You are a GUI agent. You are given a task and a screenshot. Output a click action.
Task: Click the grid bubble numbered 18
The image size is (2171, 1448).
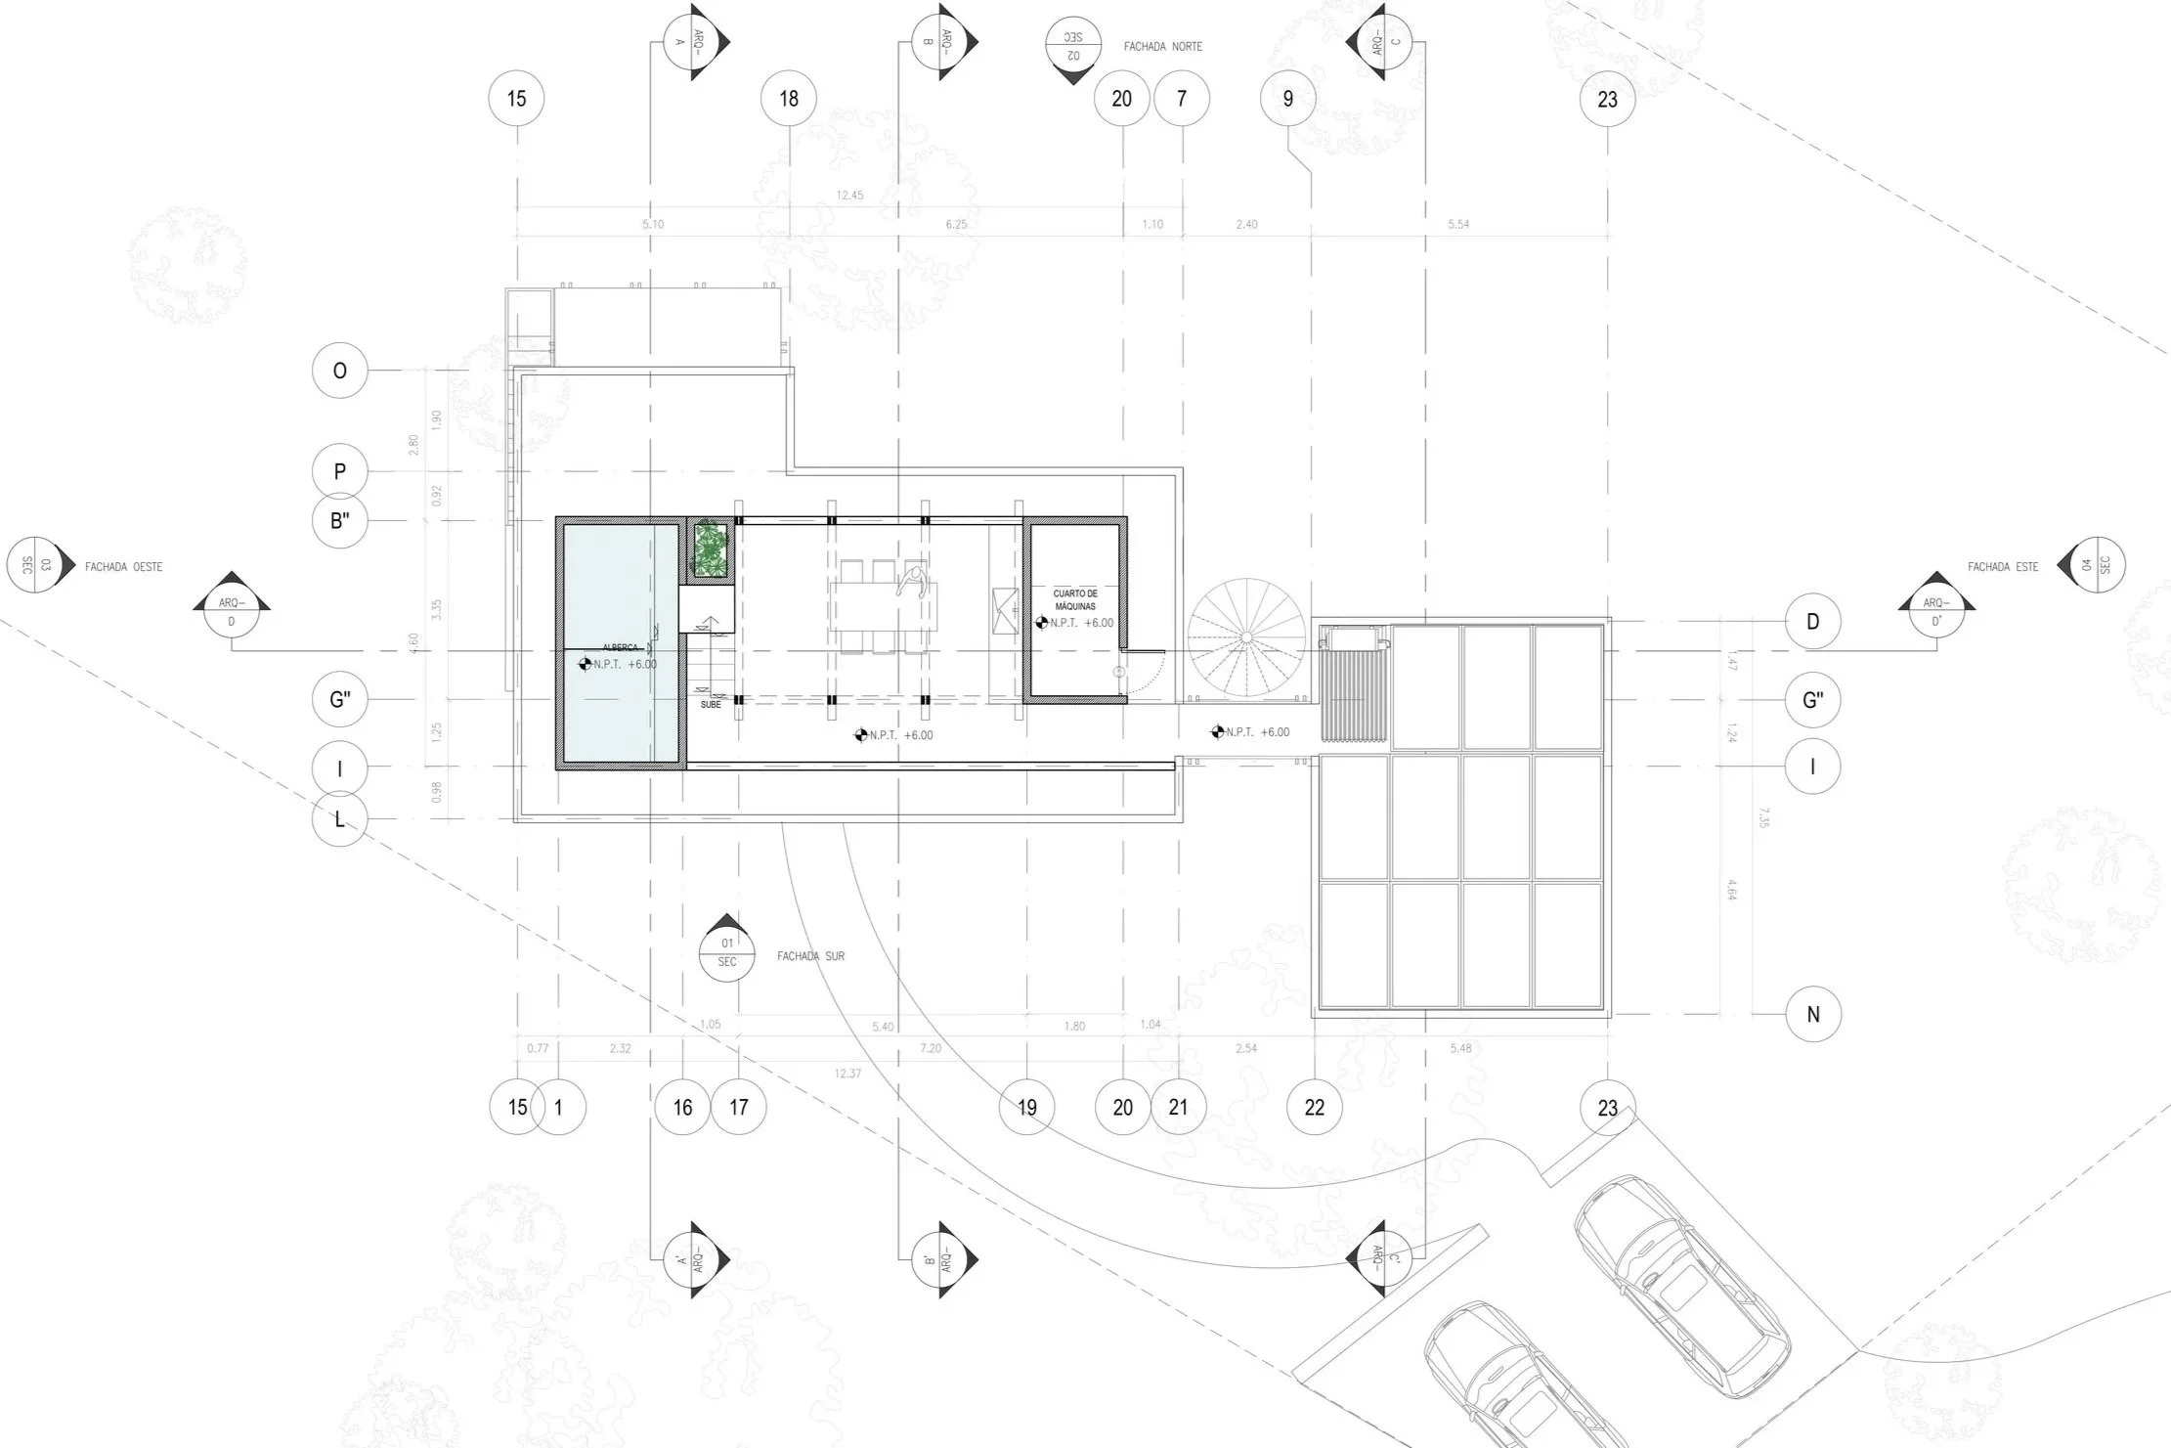point(789,99)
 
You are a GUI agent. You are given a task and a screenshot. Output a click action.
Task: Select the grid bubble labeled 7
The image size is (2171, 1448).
point(1182,99)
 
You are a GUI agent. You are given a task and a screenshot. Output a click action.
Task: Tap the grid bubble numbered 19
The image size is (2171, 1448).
point(1026,1107)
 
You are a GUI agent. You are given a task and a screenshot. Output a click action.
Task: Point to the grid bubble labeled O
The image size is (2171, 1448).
point(340,371)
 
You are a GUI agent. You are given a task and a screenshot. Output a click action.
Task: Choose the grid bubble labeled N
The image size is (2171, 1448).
point(1812,1014)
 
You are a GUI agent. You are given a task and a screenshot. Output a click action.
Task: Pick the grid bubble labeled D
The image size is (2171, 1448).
point(1812,621)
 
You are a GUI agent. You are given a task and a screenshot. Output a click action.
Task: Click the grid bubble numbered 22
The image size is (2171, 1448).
point(1315,1107)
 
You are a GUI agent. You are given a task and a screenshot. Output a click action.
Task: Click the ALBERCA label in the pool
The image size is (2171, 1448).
point(621,647)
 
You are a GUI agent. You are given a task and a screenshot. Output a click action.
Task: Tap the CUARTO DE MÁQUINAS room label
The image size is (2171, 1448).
point(1075,599)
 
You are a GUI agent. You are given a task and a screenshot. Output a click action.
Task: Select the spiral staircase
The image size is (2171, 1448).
point(1246,637)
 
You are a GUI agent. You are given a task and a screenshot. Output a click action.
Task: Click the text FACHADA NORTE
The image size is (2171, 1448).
point(1163,46)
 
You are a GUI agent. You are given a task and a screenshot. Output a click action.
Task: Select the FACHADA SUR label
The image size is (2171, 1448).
point(810,955)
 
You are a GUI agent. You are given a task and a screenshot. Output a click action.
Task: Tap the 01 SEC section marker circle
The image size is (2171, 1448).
point(726,951)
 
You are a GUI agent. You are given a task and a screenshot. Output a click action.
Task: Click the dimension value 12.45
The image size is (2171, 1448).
point(849,195)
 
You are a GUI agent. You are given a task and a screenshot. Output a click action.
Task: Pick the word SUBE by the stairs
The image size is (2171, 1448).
point(711,704)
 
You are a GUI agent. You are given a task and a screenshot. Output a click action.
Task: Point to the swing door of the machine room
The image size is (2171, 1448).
point(1141,673)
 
